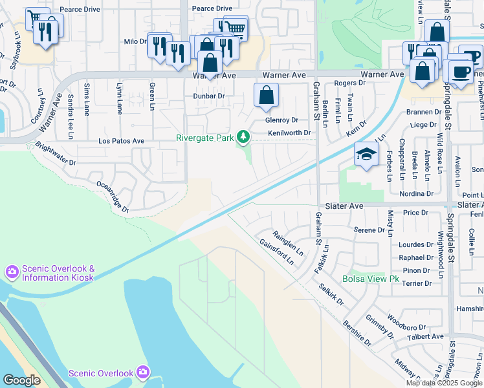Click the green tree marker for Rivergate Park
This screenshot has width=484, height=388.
(243, 136)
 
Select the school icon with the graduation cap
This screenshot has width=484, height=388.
(366, 155)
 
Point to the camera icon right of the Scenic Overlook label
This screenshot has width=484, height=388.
(143, 372)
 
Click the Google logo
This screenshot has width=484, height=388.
(21, 380)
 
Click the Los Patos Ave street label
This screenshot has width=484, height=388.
(121, 140)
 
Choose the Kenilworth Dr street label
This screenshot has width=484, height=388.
(289, 133)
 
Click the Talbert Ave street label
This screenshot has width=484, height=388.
(424, 336)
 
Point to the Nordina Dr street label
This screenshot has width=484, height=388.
(416, 193)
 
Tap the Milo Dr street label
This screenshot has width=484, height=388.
(135, 41)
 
